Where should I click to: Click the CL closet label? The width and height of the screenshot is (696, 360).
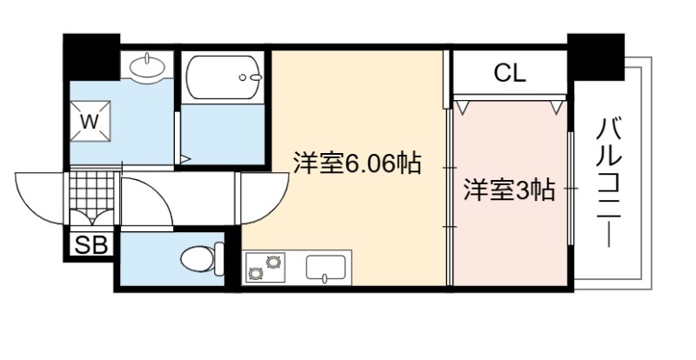(510, 73)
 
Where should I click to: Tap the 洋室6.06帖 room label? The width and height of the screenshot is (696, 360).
(357, 163)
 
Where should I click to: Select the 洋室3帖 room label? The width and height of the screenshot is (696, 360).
(509, 190)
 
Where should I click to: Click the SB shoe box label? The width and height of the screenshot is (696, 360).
(91, 245)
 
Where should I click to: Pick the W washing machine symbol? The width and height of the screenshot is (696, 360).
(90, 121)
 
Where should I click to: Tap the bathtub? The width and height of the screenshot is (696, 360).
(224, 77)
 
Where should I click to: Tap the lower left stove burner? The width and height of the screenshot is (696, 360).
(255, 274)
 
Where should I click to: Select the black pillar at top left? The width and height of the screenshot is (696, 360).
(92, 57)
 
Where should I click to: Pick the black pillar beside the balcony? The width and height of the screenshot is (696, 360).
(596, 57)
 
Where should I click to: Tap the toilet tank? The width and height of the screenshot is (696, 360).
(219, 259)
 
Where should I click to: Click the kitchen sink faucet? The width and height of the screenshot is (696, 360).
(325, 278)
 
